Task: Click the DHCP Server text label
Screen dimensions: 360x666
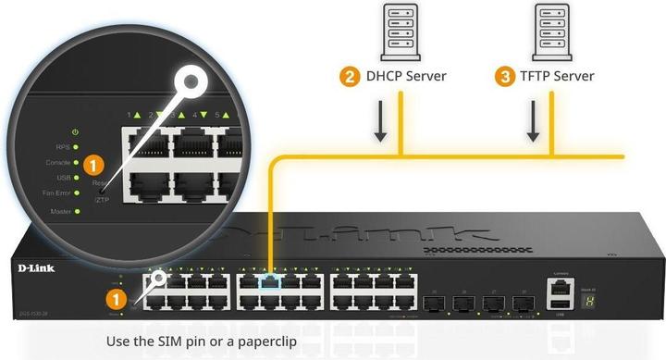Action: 404,76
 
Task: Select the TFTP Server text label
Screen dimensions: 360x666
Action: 558,76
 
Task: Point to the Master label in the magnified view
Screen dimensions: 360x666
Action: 59,212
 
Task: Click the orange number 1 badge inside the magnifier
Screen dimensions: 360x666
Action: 92,165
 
